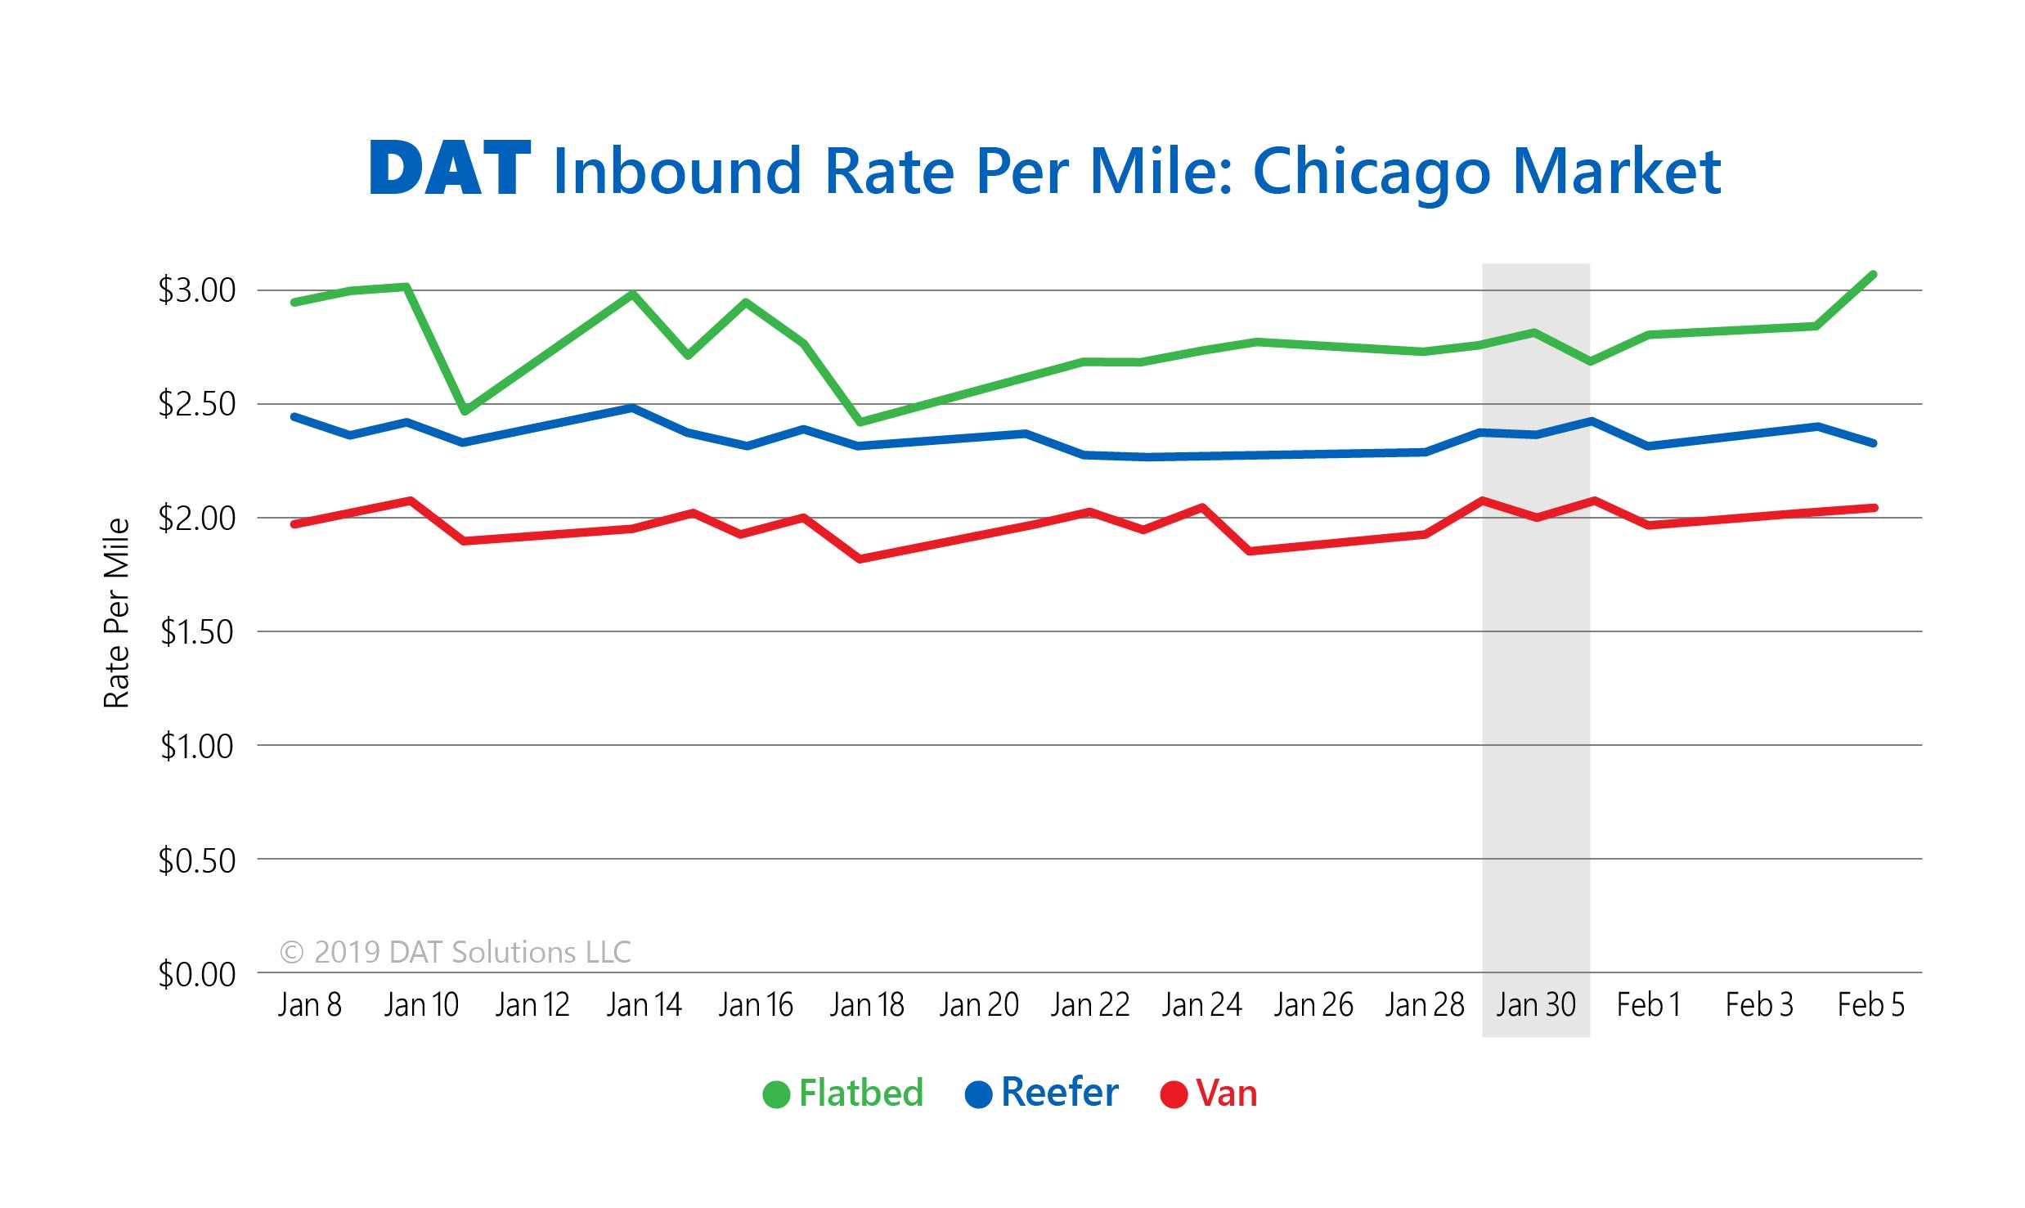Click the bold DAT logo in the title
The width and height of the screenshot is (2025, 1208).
(450, 168)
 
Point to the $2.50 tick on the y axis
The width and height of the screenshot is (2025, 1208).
(196, 404)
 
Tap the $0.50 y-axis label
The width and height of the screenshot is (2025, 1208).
(196, 860)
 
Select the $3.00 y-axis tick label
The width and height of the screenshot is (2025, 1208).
(196, 290)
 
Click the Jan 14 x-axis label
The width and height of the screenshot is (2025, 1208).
(644, 1004)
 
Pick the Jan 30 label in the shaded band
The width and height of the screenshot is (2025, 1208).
(1535, 1004)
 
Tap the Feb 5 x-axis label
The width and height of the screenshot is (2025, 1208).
(1870, 1004)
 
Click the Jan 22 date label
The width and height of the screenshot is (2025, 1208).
(1089, 1004)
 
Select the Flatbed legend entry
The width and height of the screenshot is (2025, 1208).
(860, 1093)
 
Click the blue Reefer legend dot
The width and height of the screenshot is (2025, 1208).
(978, 1094)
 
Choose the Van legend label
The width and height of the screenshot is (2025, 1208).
(1225, 1093)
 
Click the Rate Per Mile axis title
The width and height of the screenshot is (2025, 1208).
(117, 613)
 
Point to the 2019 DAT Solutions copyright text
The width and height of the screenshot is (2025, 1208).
(456, 952)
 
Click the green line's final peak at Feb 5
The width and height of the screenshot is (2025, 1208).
(1873, 275)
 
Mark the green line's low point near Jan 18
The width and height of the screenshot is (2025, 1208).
(860, 422)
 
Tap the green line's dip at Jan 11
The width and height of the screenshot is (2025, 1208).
(464, 411)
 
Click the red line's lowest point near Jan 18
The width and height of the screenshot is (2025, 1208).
(860, 559)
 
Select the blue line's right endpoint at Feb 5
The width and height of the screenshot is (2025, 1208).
(1873, 442)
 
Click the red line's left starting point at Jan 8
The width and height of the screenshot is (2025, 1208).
(294, 523)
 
